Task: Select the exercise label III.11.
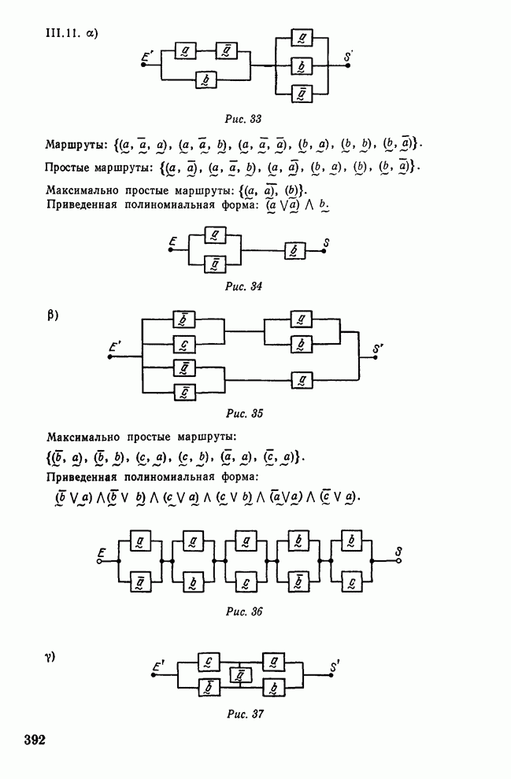point(64,34)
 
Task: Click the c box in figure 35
point(183,343)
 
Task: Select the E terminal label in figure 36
point(100,552)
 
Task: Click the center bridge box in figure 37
point(237,674)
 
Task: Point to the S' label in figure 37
point(335,667)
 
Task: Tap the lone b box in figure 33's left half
point(206,79)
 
